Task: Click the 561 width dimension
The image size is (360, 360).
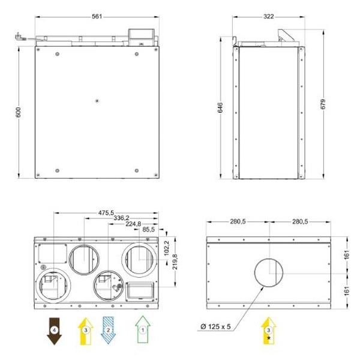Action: [97, 17]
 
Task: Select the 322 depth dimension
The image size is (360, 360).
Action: [268, 17]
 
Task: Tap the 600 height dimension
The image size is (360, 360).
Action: [19, 112]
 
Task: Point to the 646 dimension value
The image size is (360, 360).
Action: [220, 107]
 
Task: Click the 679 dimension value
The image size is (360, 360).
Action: [323, 104]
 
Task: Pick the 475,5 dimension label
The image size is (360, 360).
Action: [106, 213]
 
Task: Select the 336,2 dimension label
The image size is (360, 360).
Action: [121, 218]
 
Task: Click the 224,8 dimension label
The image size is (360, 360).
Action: [133, 224]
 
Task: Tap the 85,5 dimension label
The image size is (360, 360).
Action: [149, 229]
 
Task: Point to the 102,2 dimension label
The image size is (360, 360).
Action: [167, 248]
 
